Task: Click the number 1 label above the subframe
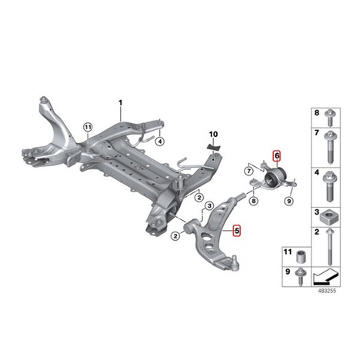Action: pyautogui.click(x=120, y=103)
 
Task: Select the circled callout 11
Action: pyautogui.click(x=88, y=127)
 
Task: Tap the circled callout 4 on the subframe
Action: pyautogui.click(x=160, y=142)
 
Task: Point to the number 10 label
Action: pyautogui.click(x=213, y=134)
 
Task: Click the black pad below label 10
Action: pyautogui.click(x=213, y=147)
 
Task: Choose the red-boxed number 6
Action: pyautogui.click(x=277, y=155)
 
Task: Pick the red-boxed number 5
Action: pyautogui.click(x=237, y=231)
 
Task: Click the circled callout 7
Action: pyautogui.click(x=248, y=171)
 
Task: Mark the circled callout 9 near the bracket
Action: pyautogui.click(x=288, y=202)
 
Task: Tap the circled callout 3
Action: pyautogui.click(x=209, y=205)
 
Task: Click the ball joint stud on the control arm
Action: pyautogui.click(x=235, y=262)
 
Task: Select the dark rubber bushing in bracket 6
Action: pyautogui.click(x=275, y=176)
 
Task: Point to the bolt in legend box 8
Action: pyautogui.click(x=329, y=118)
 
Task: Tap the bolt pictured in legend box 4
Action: pyautogui.click(x=330, y=187)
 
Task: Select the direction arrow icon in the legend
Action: pyautogui.click(x=325, y=276)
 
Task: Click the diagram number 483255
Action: pyautogui.click(x=327, y=291)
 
